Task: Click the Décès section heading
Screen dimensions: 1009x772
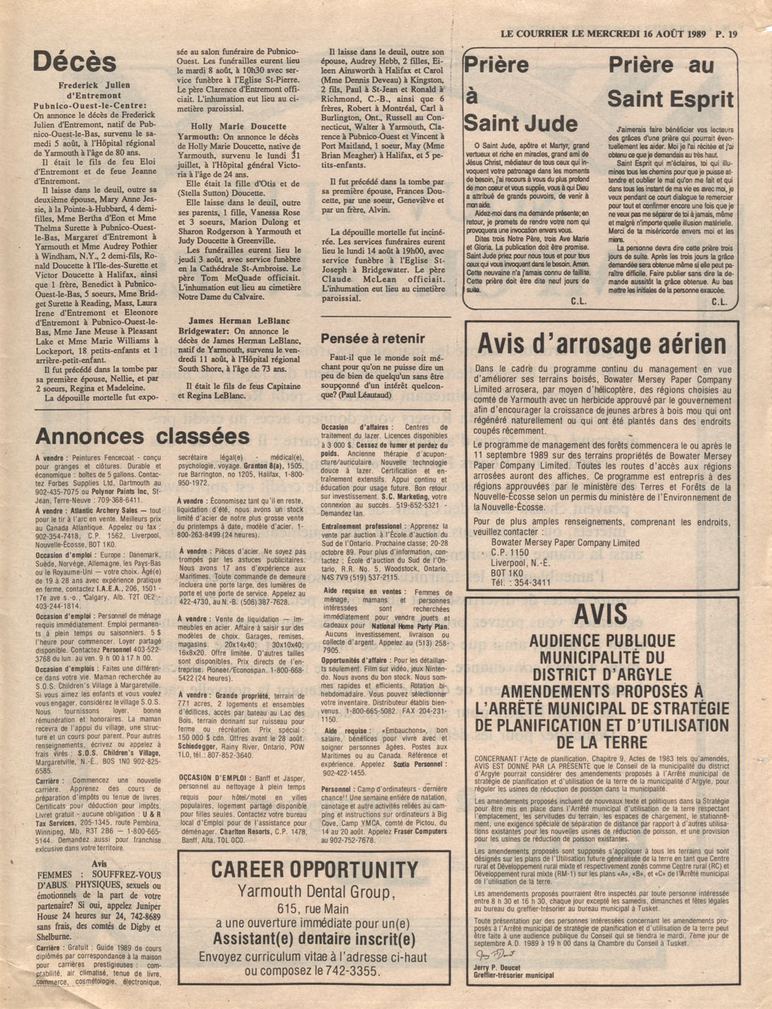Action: pyautogui.click(x=74, y=62)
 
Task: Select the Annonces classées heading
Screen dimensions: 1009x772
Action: pyautogui.click(x=141, y=436)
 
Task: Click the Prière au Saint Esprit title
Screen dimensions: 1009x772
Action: pyautogui.click(x=671, y=82)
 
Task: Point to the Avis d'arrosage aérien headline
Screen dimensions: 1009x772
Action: pyautogui.click(x=602, y=344)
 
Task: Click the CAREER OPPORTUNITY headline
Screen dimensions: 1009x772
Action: pyautogui.click(x=315, y=869)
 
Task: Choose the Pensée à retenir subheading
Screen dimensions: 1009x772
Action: pyautogui.click(x=373, y=338)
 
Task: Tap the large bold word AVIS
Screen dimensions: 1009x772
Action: pyautogui.click(x=600, y=615)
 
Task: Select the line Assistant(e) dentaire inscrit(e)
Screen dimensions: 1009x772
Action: pyautogui.click(x=314, y=939)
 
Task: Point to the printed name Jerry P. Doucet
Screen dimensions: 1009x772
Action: pyautogui.click(x=500, y=967)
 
